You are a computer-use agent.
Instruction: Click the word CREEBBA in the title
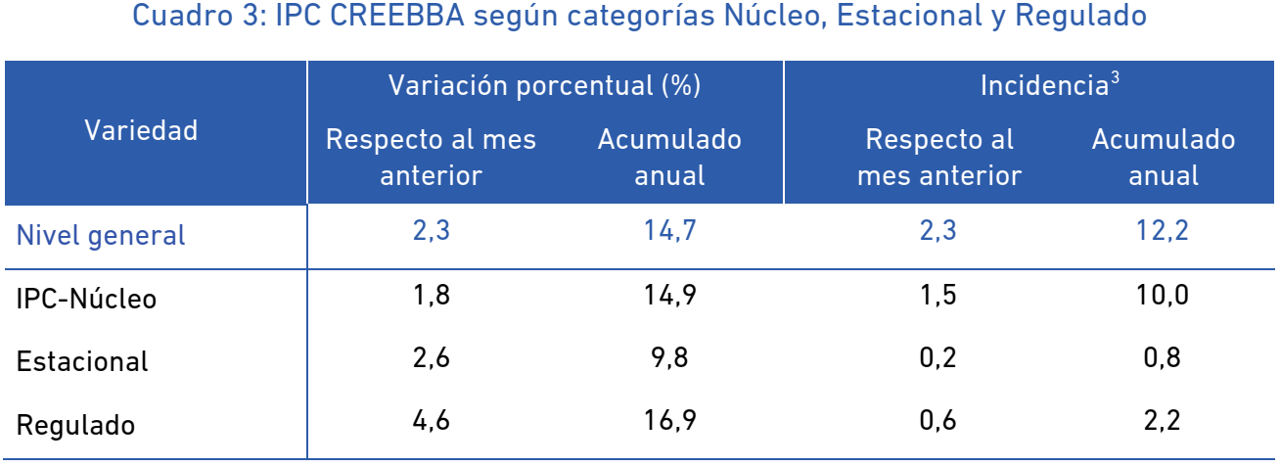click(397, 15)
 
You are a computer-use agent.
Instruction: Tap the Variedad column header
click(141, 130)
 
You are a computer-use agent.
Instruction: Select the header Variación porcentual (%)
click(544, 86)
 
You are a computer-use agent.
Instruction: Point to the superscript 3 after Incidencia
click(1115, 78)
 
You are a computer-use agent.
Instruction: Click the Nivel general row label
click(101, 235)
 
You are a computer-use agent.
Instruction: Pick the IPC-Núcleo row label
click(86, 299)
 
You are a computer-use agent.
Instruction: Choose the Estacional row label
click(82, 361)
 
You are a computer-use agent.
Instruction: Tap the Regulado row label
click(75, 425)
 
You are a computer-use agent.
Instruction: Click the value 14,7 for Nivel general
click(669, 230)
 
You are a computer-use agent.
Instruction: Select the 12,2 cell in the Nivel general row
click(1163, 230)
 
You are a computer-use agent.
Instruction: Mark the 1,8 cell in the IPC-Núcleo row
click(432, 295)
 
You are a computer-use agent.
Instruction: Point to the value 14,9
click(669, 295)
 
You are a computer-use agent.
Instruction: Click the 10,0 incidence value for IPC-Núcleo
click(1163, 295)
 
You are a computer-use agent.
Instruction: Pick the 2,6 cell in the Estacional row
click(432, 357)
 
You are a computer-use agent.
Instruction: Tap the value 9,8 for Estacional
click(669, 357)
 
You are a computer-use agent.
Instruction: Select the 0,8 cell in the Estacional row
click(1163, 357)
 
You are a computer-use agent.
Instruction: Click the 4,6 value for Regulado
click(432, 421)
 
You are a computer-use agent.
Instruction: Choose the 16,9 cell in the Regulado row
click(669, 421)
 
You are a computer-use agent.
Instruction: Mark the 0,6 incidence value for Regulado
click(937, 421)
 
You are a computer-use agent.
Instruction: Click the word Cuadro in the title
click(183, 15)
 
